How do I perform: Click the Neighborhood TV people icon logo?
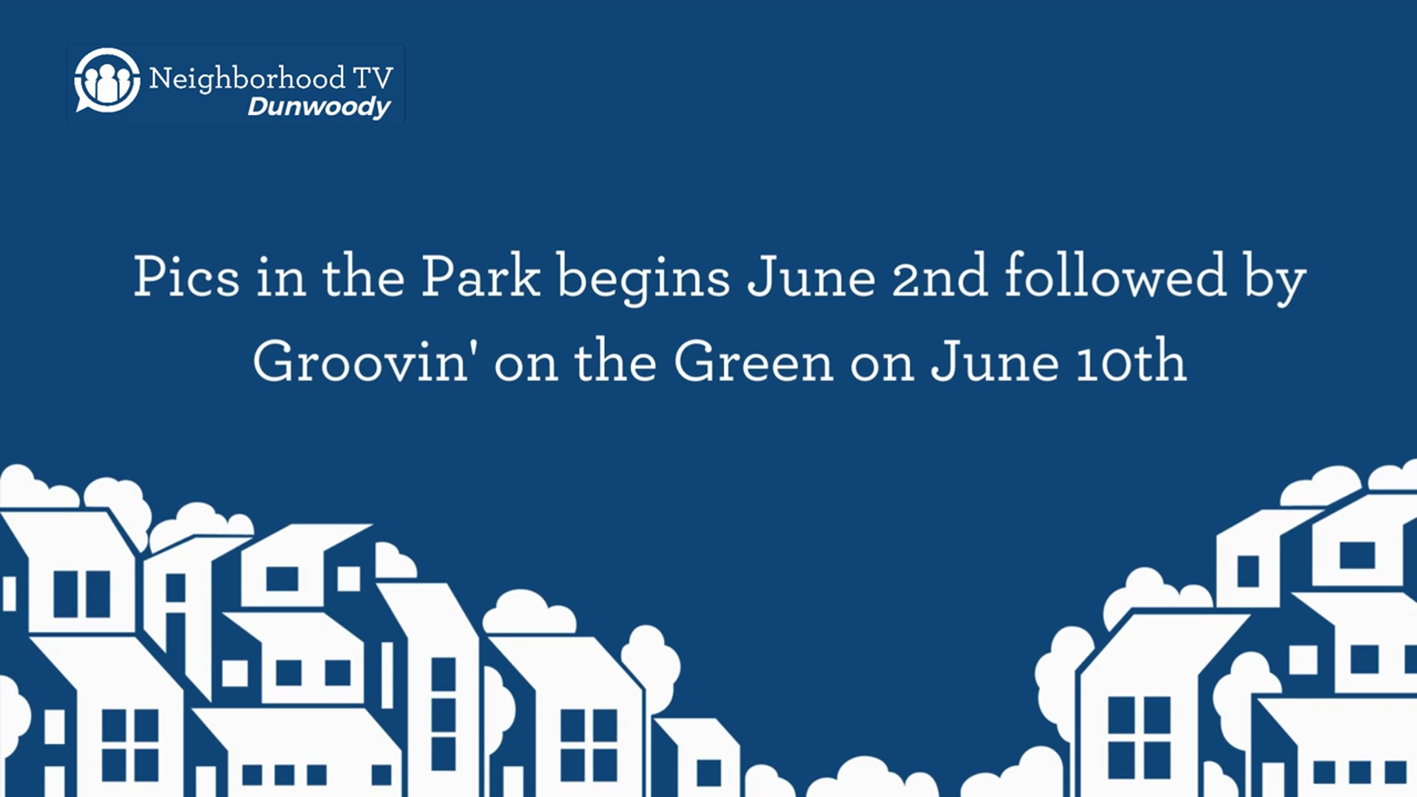pyautogui.click(x=107, y=80)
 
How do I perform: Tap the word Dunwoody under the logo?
pyautogui.click(x=319, y=107)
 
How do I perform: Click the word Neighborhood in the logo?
pyautogui.click(x=246, y=78)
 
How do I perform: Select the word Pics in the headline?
pyautogui.click(x=187, y=277)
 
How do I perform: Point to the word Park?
pyautogui.click(x=480, y=276)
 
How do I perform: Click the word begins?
pyautogui.click(x=644, y=279)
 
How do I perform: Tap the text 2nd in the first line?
pyautogui.click(x=940, y=277)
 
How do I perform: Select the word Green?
pyautogui.click(x=754, y=361)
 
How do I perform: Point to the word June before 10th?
pyautogui.click(x=994, y=361)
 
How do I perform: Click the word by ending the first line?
pyautogui.click(x=1275, y=279)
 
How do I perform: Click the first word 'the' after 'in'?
pyautogui.click(x=363, y=276)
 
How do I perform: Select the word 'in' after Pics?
pyautogui.click(x=281, y=277)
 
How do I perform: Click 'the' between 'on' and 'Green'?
pyautogui.click(x=616, y=361)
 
